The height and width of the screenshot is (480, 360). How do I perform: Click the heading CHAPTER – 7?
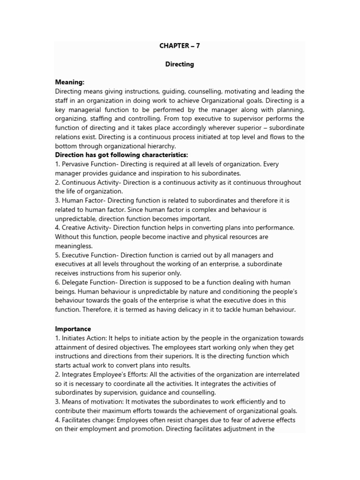(180, 46)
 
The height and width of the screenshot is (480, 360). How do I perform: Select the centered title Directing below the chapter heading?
(180, 64)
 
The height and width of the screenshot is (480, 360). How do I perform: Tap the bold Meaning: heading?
(70, 82)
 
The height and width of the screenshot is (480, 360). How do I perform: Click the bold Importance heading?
(73, 329)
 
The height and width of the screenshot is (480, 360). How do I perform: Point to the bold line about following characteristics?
(122, 155)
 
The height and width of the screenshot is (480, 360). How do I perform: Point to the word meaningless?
(74, 246)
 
